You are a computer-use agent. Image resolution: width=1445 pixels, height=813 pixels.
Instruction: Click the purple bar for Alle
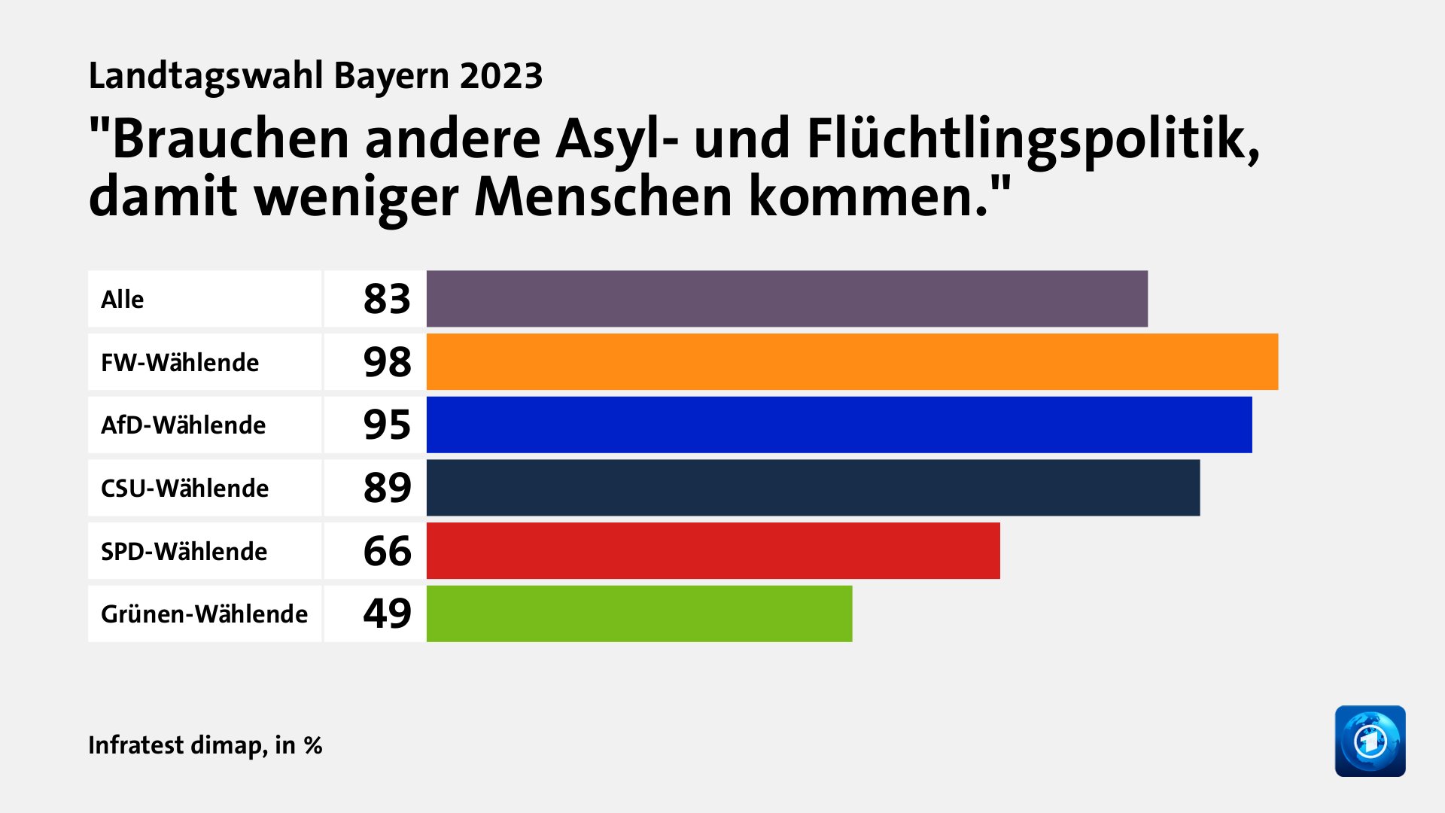[x=786, y=299]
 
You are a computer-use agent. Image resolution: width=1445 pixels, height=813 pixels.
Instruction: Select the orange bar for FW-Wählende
[x=852, y=362]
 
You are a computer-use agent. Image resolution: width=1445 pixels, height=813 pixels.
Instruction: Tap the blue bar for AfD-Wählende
[x=839, y=425]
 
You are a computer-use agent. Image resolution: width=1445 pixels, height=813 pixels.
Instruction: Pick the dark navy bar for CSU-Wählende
[x=813, y=488]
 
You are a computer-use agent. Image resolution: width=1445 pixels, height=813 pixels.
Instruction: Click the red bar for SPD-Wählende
[x=713, y=551]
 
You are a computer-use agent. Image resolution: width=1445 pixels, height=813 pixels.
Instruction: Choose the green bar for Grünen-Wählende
[x=639, y=614]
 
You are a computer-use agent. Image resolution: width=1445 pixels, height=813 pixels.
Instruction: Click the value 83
[x=387, y=299]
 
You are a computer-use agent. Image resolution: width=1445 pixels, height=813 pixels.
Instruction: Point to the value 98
[x=387, y=362]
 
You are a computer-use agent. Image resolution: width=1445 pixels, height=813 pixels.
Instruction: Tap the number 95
[x=387, y=425]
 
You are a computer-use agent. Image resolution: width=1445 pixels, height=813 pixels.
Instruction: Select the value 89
[x=387, y=488]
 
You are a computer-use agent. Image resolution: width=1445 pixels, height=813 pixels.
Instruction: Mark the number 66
[x=387, y=551]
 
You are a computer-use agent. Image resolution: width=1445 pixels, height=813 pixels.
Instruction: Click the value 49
[x=387, y=614]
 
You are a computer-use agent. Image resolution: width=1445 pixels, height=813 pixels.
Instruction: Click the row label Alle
[x=122, y=300]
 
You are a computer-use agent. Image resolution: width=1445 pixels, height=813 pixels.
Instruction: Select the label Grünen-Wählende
[x=204, y=614]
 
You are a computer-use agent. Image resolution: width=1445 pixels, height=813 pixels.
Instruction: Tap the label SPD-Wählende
[x=184, y=552]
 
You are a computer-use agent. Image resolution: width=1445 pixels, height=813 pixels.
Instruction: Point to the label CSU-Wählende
[x=184, y=489]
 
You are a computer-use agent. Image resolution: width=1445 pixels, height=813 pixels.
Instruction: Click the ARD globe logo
[x=1370, y=741]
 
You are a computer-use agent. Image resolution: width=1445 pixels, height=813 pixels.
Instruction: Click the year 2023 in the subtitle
[x=501, y=76]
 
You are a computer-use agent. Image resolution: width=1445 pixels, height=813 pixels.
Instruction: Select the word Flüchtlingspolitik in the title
[x=1033, y=140]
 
